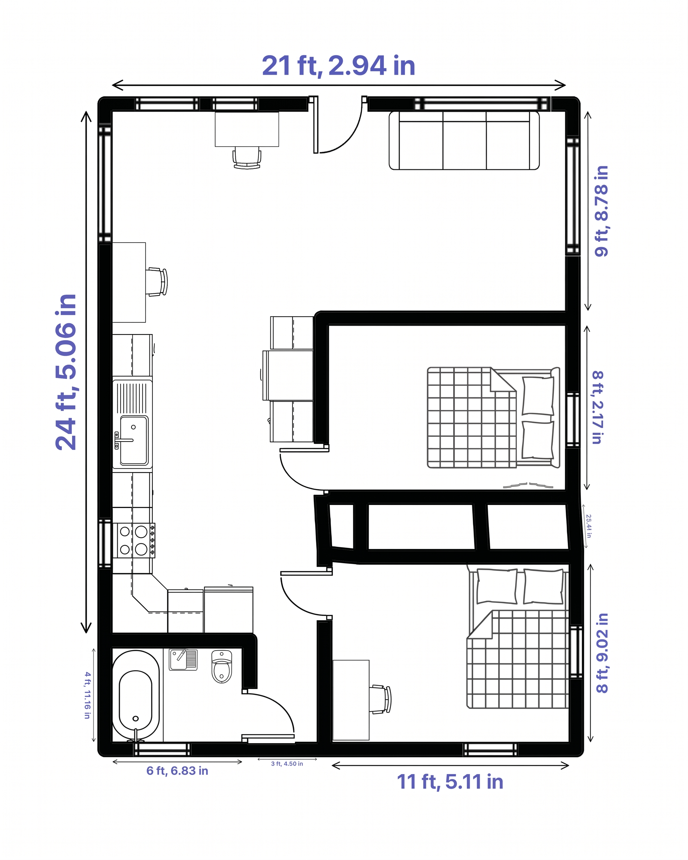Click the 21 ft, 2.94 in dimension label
pos(338,66)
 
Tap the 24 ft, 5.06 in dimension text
pos(66,372)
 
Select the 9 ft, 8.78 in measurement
pos(601,211)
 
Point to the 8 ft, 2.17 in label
pos(597,407)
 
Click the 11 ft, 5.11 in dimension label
pos(450,781)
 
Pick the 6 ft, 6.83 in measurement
pos(177,771)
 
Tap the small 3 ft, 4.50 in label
pos(287,763)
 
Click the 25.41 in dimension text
pos(589,526)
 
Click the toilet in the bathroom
pos(221,667)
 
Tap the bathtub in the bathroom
pos(136,696)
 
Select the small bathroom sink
pos(183,660)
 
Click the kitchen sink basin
pos(134,440)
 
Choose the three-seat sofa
pos(464,140)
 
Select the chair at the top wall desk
pos(247,158)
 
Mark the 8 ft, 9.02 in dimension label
pos(602,653)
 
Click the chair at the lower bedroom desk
pos(380,699)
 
